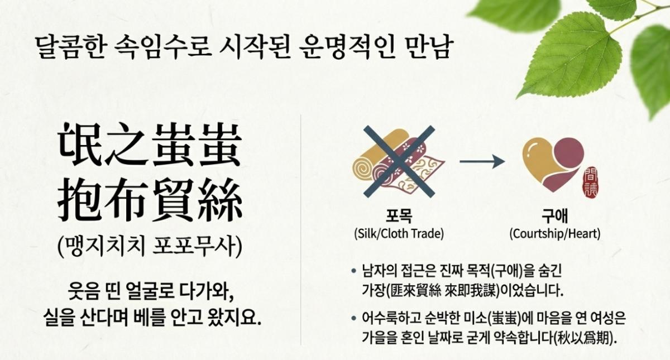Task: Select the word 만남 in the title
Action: click(428, 47)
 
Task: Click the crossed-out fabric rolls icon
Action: click(399, 161)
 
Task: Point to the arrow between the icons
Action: click(482, 161)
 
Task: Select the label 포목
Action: click(399, 216)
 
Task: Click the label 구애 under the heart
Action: click(555, 216)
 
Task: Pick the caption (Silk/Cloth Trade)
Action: click(399, 234)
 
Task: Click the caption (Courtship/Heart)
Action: click(555, 234)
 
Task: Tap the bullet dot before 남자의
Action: click(354, 271)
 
